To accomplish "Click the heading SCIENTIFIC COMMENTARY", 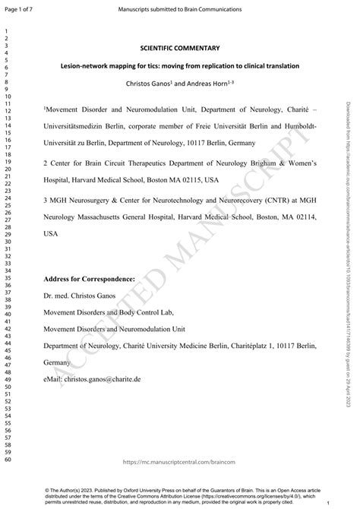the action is click(181, 47).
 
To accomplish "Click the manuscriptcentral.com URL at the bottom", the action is click(181, 462).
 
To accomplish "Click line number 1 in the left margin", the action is click(5, 33).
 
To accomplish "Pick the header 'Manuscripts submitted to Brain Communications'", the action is click(181, 9).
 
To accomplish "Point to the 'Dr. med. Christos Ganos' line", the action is click(81, 292).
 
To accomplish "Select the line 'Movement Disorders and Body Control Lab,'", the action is click(105, 311).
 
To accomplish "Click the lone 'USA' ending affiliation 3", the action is click(51, 235).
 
